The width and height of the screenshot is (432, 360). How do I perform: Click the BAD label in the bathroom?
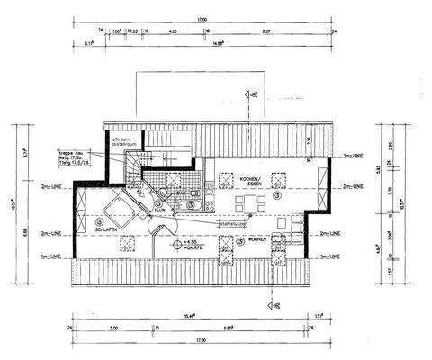click(x=181, y=193)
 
